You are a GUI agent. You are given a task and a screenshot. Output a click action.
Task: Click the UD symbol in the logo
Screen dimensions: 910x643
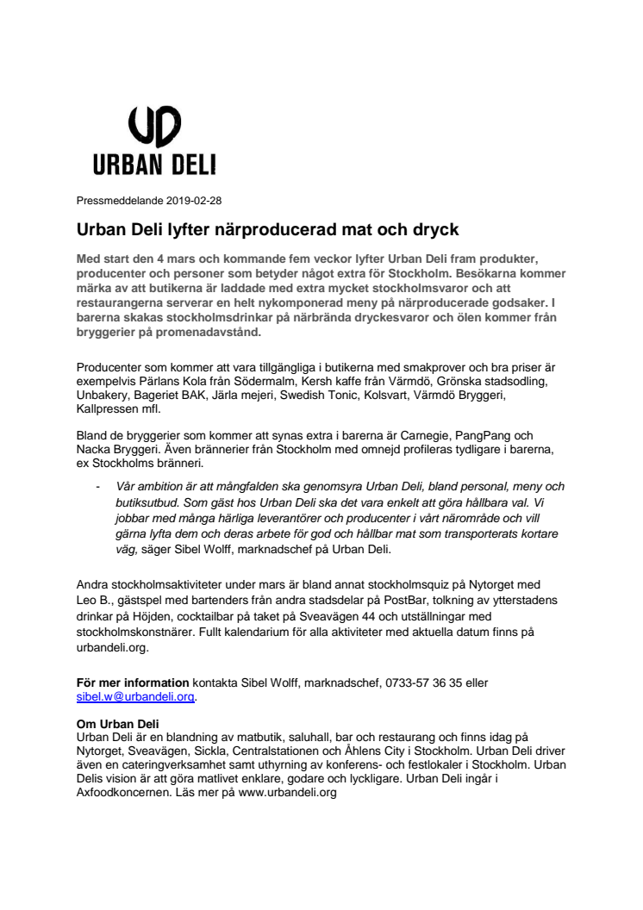(154, 128)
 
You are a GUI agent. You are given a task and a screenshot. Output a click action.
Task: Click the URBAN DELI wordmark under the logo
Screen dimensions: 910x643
(154, 164)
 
